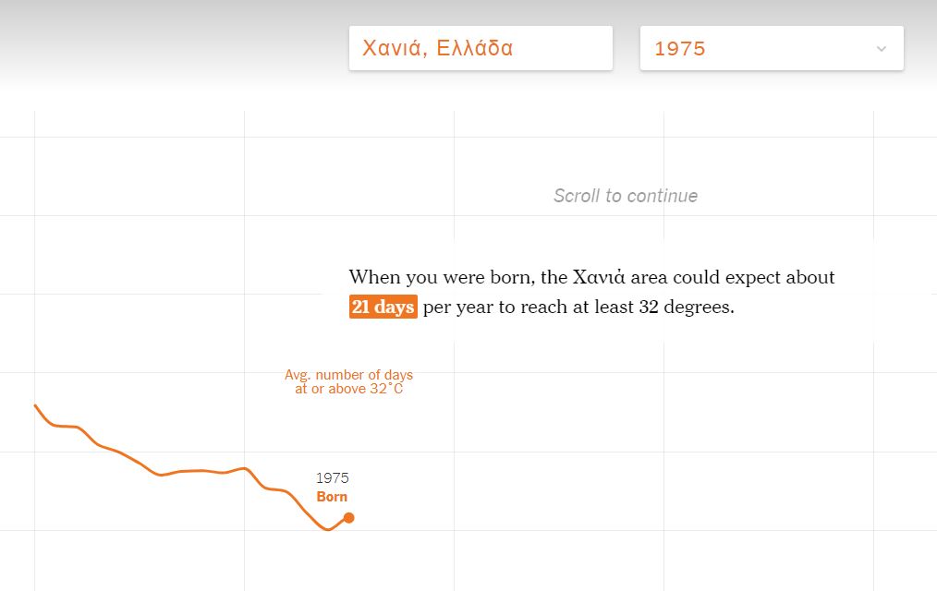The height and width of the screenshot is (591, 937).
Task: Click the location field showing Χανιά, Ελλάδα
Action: coord(481,48)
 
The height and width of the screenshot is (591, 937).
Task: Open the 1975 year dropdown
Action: coord(772,48)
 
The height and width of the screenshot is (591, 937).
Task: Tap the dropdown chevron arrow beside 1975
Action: coord(882,48)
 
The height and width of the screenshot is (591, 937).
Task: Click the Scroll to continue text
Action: coord(626,195)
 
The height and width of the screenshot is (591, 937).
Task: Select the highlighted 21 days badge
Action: coord(383,307)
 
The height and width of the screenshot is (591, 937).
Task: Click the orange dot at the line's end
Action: coord(349,517)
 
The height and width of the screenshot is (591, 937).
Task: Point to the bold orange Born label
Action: coord(332,497)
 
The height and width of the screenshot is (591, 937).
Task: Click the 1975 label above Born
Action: coord(333,477)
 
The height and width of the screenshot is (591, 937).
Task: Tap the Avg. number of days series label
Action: coord(349,381)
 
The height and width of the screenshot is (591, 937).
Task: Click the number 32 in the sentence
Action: coord(649,307)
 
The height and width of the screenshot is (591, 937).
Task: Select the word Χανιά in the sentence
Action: coord(599,277)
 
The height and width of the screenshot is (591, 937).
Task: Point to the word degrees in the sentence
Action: coord(699,308)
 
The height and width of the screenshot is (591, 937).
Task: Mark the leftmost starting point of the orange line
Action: coord(35,405)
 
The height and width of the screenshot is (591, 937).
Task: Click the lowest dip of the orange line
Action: coord(327,529)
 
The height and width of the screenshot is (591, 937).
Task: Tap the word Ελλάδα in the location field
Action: coord(474,48)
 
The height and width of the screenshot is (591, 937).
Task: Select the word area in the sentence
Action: coord(649,278)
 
